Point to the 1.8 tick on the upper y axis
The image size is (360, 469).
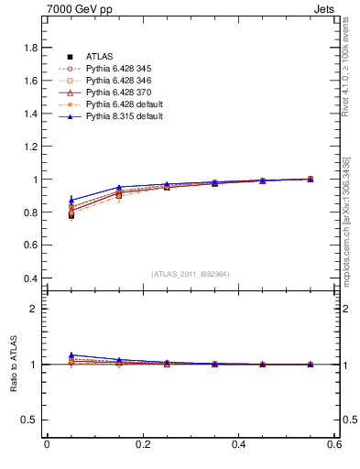click(x=30, y=48)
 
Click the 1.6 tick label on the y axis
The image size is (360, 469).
click(x=30, y=81)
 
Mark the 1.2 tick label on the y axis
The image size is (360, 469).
click(x=30, y=147)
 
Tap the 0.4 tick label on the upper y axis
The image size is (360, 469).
click(x=30, y=278)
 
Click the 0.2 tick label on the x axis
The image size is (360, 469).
click(x=142, y=445)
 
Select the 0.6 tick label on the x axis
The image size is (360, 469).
click(x=334, y=445)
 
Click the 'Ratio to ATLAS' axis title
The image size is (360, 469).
click(x=12, y=365)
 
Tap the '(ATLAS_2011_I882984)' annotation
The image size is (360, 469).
click(x=190, y=274)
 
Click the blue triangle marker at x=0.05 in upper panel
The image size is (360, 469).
click(x=71, y=200)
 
